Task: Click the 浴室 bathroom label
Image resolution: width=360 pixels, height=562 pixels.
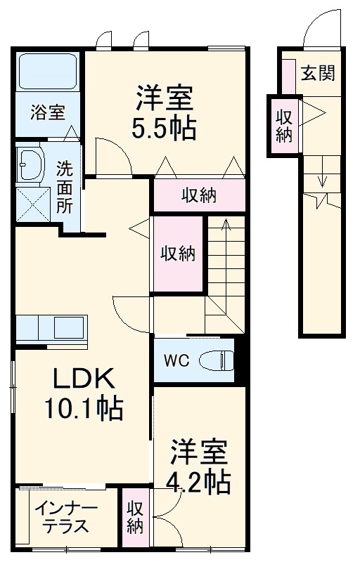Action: [48, 112]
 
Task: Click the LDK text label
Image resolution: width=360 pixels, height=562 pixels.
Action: [82, 380]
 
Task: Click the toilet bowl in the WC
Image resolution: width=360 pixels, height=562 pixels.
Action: [215, 360]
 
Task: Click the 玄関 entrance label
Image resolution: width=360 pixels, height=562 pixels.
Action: [316, 72]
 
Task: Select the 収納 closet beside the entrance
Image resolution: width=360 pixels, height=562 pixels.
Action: [284, 126]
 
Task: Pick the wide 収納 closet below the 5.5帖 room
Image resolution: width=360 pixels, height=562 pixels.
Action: [199, 195]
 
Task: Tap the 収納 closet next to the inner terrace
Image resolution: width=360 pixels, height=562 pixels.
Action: [136, 516]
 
